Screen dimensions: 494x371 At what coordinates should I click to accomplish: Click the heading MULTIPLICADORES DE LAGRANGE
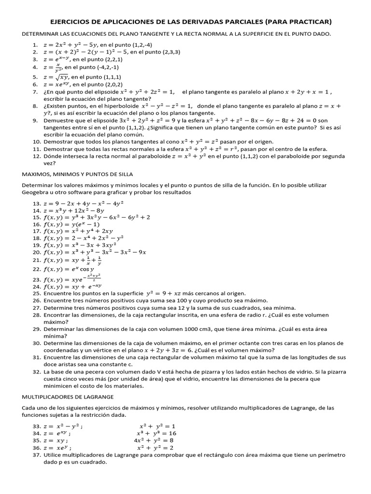click(68, 397)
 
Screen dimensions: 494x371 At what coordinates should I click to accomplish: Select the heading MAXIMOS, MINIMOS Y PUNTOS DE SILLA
click(77, 174)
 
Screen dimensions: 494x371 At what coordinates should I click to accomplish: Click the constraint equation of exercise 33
click(157, 426)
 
